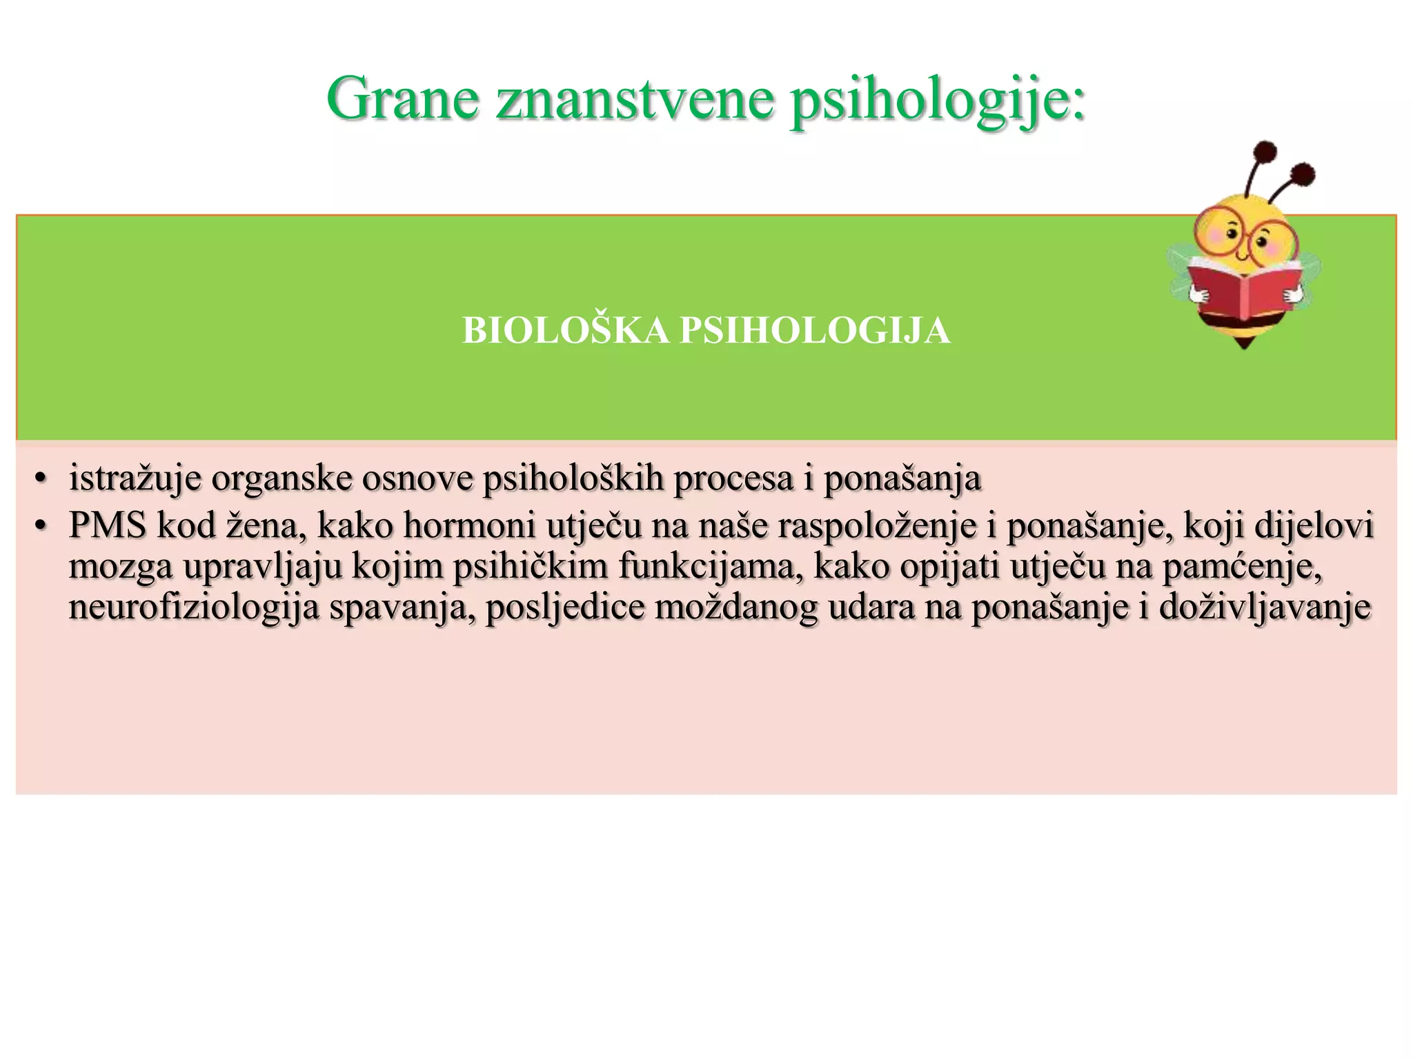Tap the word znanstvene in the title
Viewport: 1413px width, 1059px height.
click(635, 99)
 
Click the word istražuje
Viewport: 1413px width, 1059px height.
click(135, 478)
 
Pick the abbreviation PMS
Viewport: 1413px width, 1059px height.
click(108, 525)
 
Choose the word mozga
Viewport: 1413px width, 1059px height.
click(120, 567)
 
